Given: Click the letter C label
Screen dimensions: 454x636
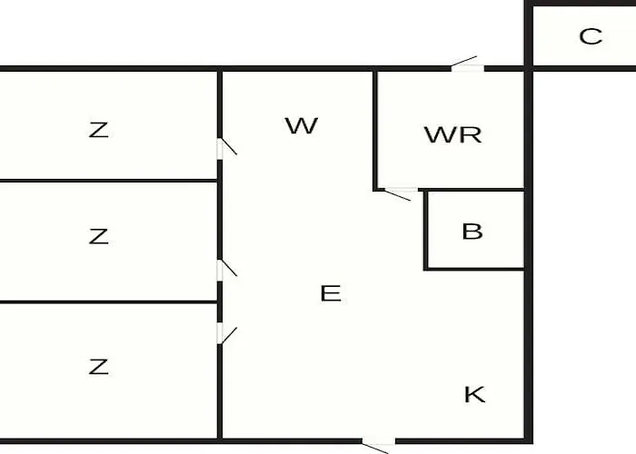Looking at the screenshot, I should point(591,36).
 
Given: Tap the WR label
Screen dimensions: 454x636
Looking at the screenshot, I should point(452,135).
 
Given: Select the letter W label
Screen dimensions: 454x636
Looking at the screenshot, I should point(301,125).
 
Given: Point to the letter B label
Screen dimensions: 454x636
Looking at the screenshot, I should point(472,231).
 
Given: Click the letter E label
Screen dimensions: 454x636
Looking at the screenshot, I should point(331,293).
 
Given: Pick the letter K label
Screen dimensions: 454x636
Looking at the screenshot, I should point(474,394).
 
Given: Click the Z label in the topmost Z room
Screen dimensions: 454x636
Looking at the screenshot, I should point(99,130).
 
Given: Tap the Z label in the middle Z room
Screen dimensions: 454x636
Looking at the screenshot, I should point(99,237).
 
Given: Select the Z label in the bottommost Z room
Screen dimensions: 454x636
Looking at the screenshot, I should point(99,367).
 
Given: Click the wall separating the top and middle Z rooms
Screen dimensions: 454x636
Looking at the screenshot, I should point(109,181).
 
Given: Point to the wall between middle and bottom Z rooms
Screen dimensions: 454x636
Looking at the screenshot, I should point(109,301).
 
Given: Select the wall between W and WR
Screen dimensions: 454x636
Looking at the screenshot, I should point(375,127).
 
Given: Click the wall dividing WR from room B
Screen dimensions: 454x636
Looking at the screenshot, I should point(474,190).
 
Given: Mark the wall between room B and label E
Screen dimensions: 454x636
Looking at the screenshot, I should point(425,231).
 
